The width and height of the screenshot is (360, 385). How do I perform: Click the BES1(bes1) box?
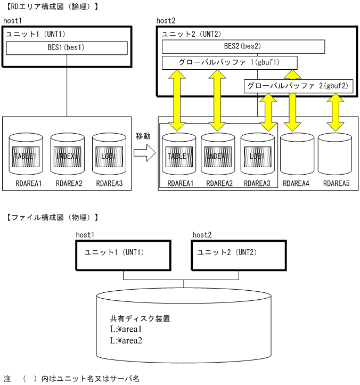click(67, 48)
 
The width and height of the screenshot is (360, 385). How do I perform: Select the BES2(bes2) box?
click(243, 47)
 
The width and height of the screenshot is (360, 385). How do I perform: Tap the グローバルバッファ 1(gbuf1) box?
click(230, 63)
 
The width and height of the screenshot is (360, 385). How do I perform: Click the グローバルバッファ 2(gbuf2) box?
click(298, 86)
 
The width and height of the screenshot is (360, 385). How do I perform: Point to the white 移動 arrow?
click(143, 154)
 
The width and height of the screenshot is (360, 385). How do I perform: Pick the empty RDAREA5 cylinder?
click(335, 154)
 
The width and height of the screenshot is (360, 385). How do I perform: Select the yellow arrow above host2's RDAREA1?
click(177, 101)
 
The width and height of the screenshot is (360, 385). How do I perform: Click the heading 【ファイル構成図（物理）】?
click(52, 217)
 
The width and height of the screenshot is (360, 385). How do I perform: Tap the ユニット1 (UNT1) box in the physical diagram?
click(123, 253)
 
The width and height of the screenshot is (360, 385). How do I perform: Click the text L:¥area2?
click(126, 340)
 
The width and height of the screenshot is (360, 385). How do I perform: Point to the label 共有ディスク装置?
click(140, 318)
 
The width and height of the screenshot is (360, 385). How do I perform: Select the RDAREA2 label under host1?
click(68, 183)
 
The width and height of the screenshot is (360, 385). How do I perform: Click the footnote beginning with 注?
click(71, 379)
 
